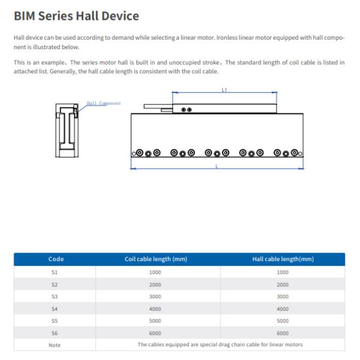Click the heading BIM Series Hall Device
coord(76,16)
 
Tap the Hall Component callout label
coord(103,103)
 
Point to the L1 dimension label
coord(224,89)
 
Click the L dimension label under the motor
coord(217,166)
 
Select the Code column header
coord(56,259)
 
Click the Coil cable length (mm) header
coord(155,259)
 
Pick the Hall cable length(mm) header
coord(283,259)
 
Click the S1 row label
coord(56,272)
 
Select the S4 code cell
coord(56,308)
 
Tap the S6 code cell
coord(56,332)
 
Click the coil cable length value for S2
coord(155,284)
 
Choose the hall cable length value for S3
coord(283,296)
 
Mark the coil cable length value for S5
coord(155,320)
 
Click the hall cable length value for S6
coord(283,332)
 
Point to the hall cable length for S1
coord(283,272)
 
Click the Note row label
coord(56,344)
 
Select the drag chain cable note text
coord(220,344)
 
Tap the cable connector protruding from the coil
coord(157,107)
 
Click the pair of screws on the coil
coord(187,110)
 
